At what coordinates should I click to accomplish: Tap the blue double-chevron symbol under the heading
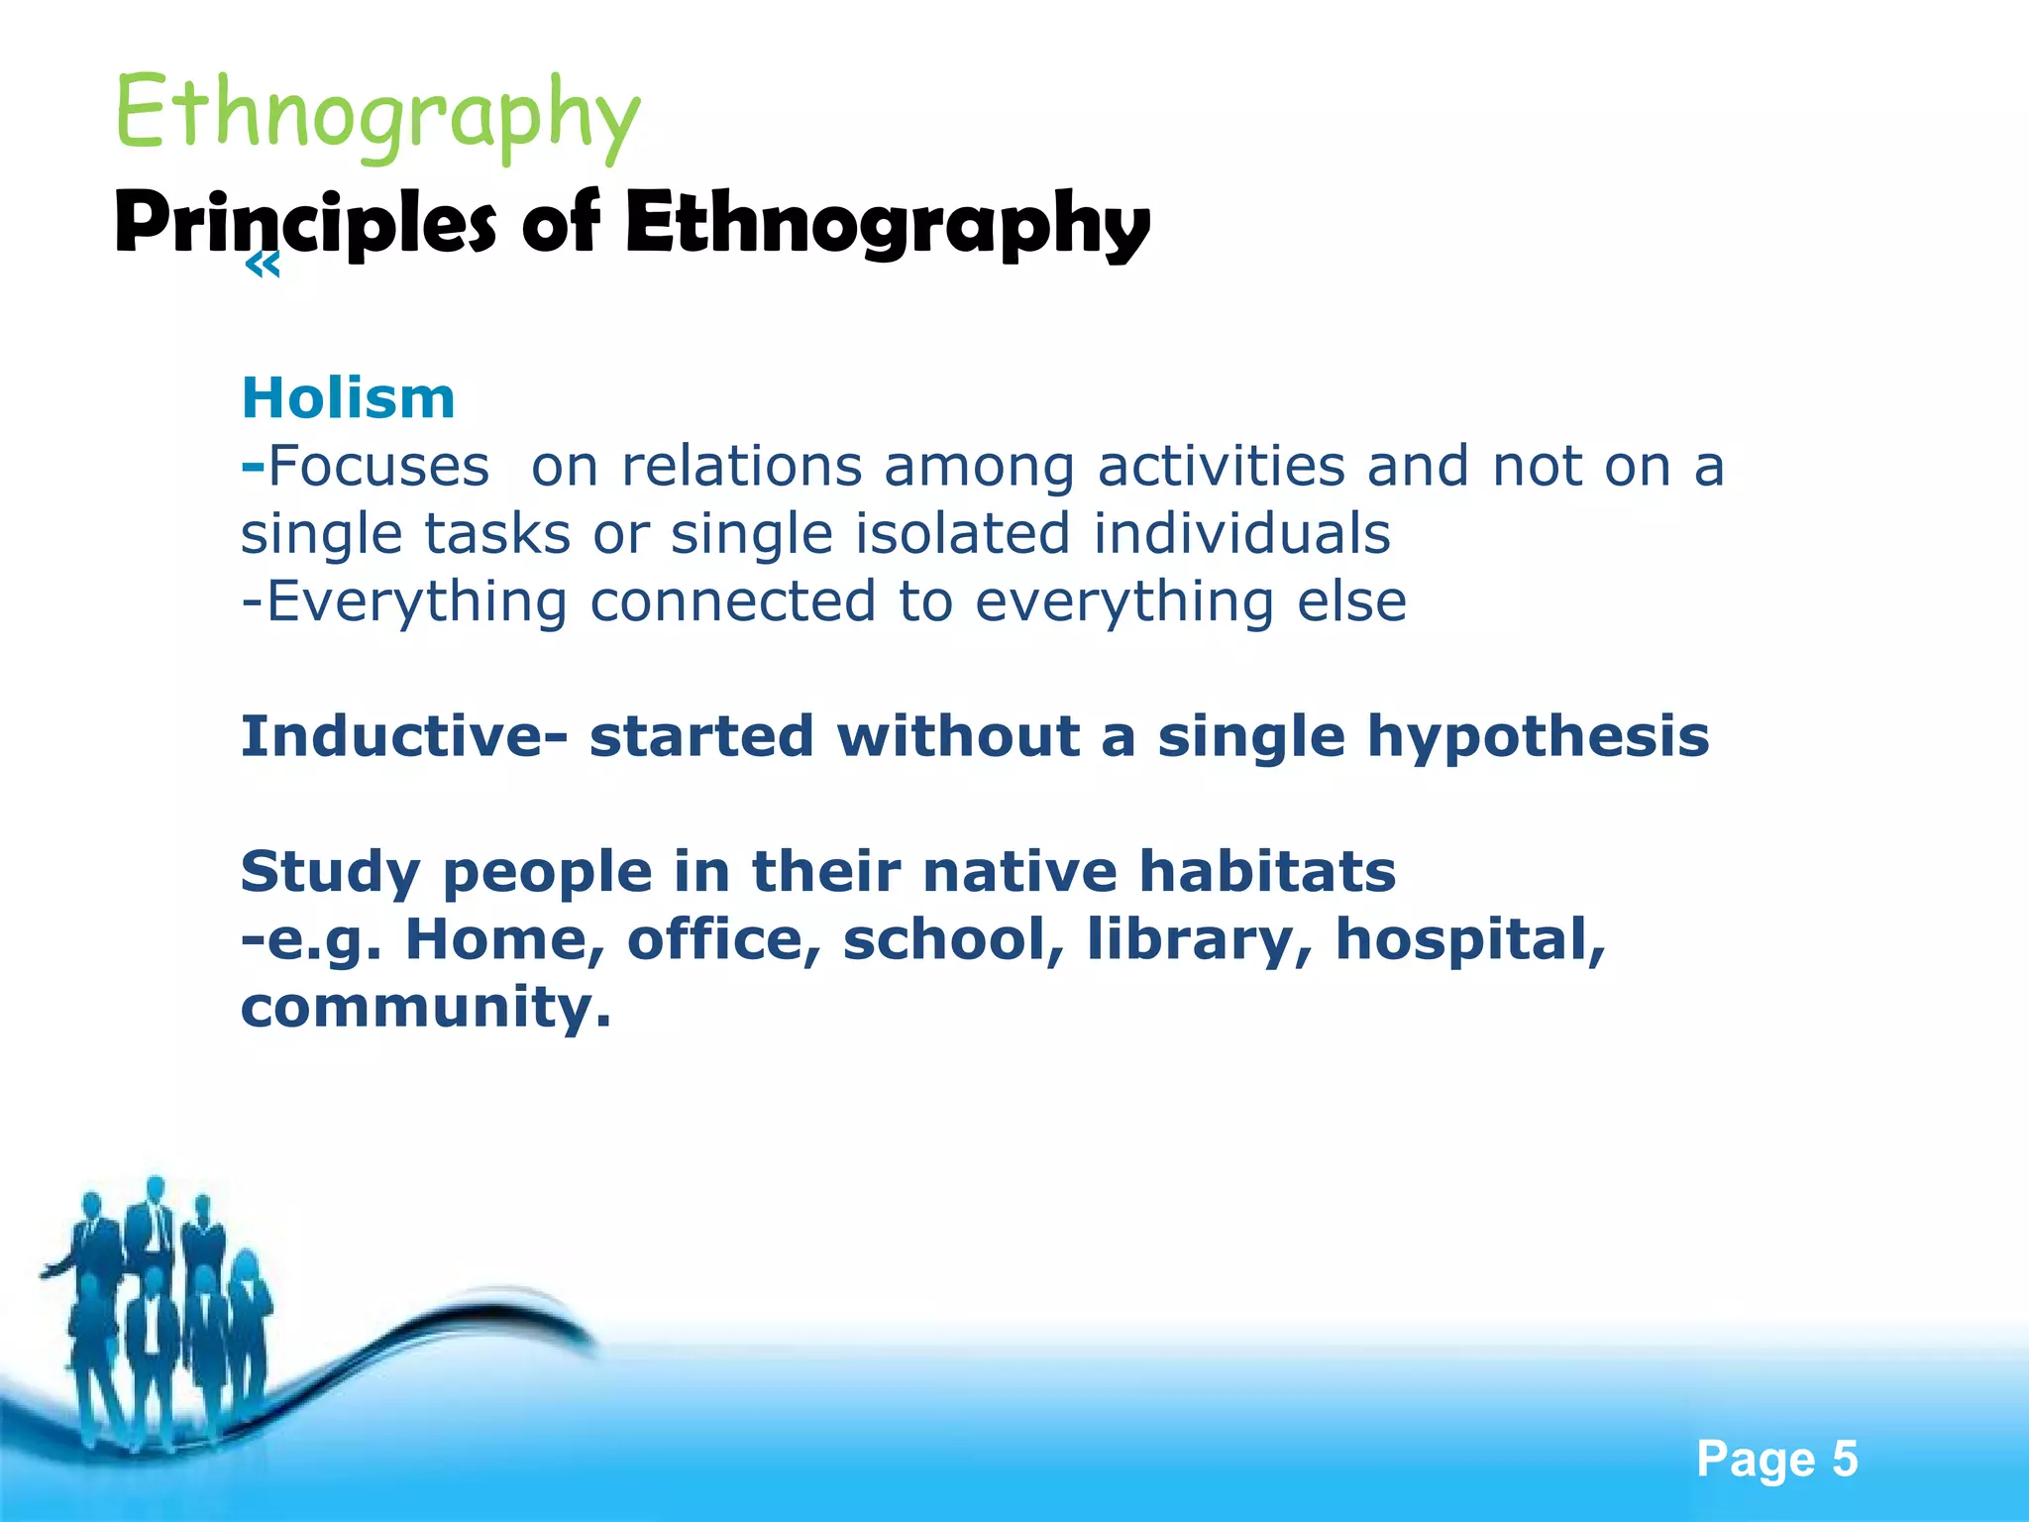tap(262, 266)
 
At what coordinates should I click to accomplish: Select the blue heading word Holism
tap(348, 398)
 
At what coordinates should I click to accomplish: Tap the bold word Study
tap(330, 872)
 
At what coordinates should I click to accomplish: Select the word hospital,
tap(1470, 939)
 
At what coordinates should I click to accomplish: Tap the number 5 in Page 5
tap(1844, 1460)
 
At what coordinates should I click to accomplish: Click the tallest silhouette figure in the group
tap(155, 1288)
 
